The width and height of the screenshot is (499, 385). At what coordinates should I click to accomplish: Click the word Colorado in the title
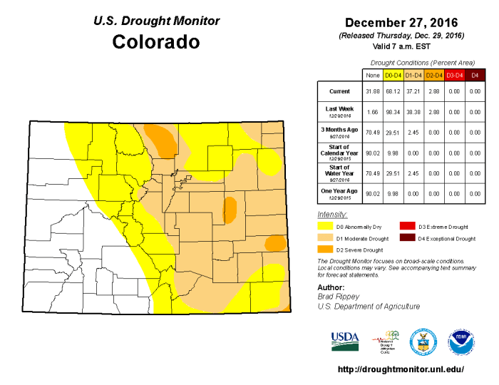click(x=156, y=42)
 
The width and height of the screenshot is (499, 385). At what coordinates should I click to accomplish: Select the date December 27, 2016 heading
click(x=401, y=22)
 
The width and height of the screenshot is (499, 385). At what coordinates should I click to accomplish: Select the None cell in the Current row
click(x=372, y=91)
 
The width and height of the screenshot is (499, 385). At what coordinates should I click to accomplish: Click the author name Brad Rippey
click(x=338, y=296)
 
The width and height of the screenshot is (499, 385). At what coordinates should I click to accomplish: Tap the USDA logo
click(x=345, y=341)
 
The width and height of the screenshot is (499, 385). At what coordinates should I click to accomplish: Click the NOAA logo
click(x=461, y=341)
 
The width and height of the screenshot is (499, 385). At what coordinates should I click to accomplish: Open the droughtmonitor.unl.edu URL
click(x=400, y=369)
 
